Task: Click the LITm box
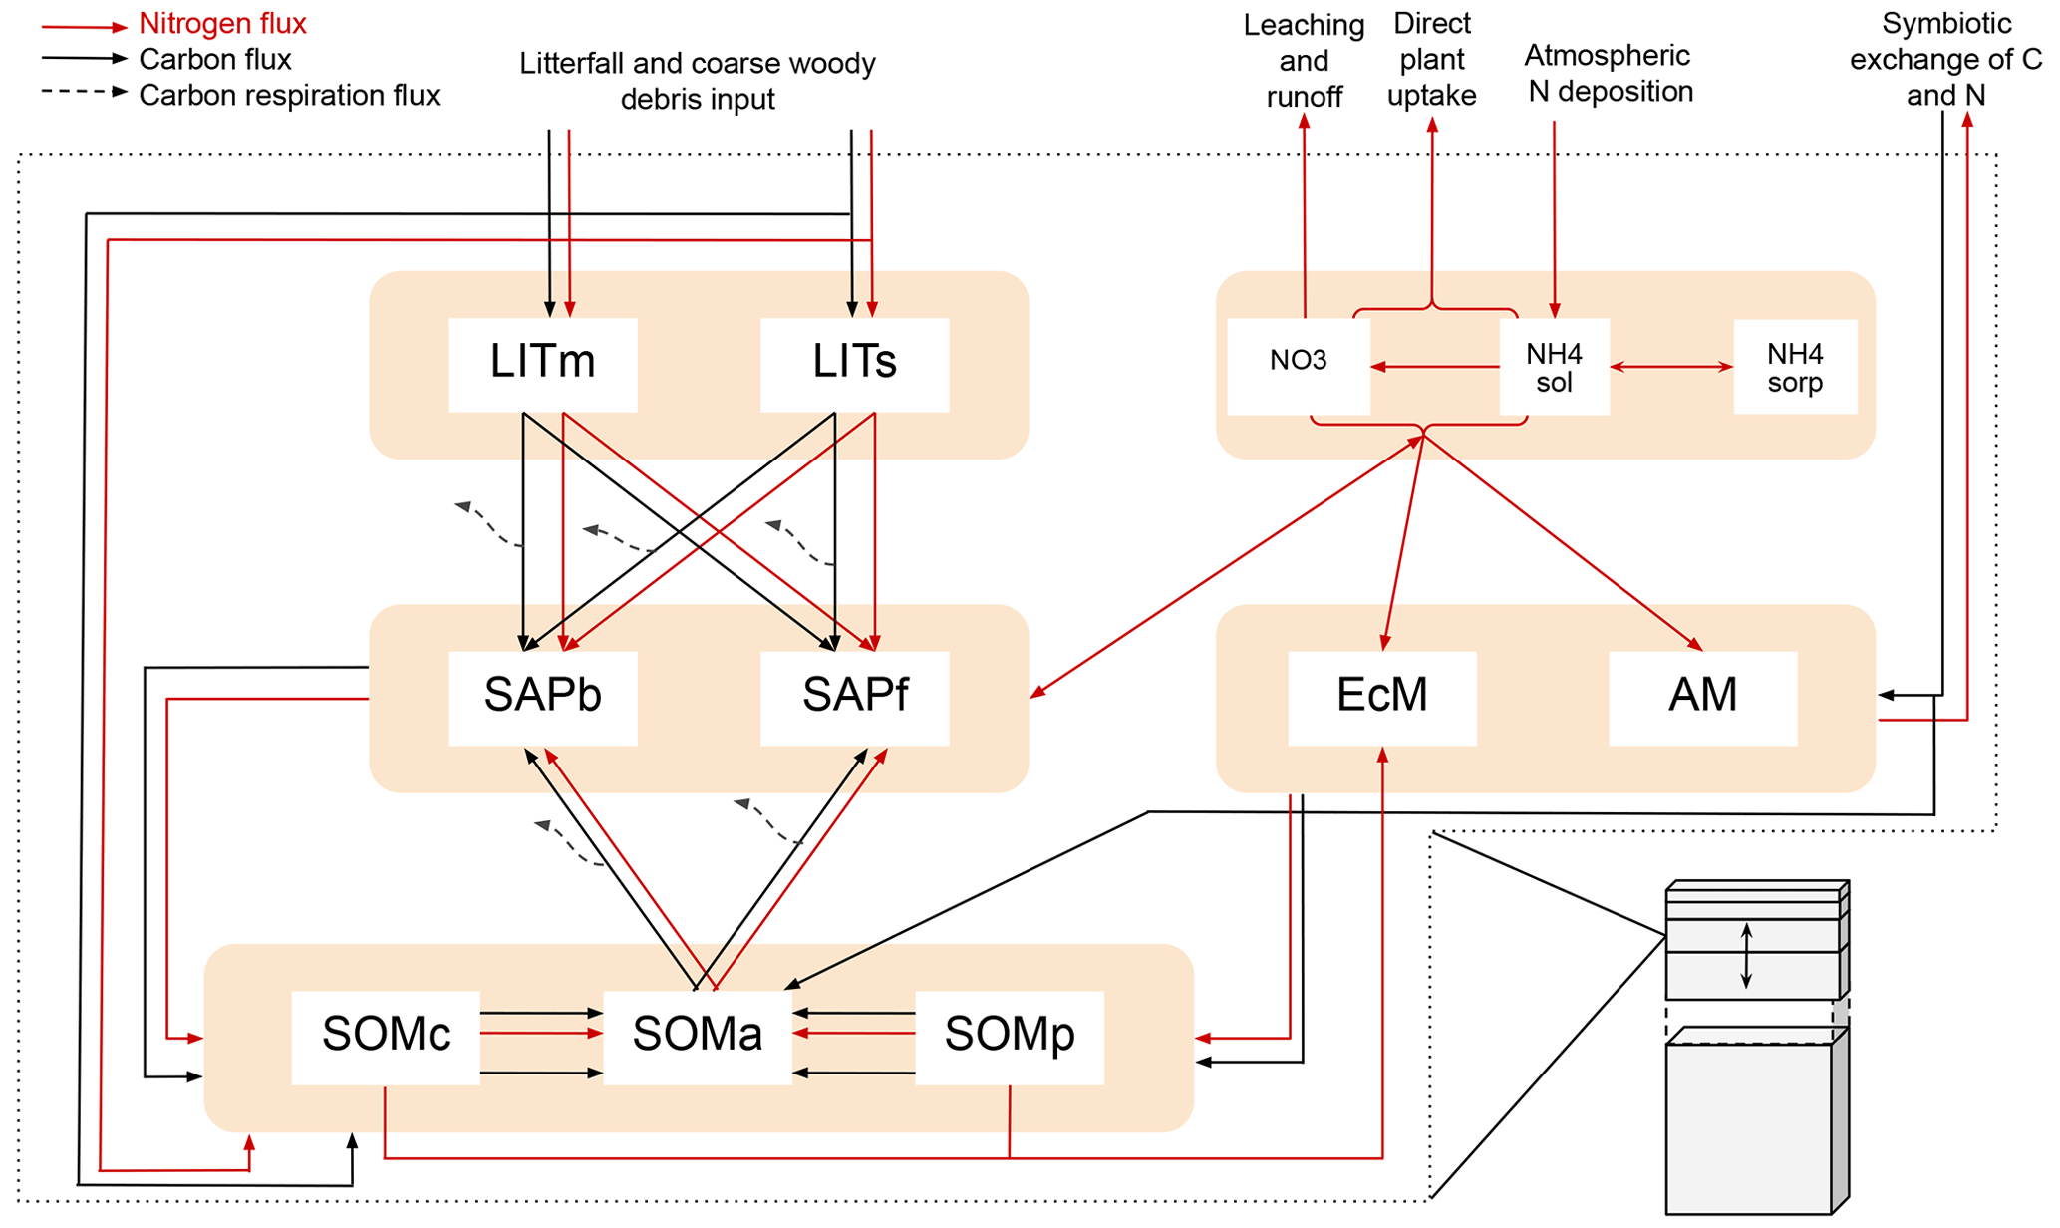(542, 363)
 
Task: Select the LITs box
(854, 363)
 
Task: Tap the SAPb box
(542, 697)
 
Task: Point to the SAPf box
(854, 697)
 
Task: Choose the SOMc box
(386, 1036)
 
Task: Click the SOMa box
(698, 1036)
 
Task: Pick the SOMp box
(1009, 1036)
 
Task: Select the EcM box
(1381, 697)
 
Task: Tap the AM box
(1702, 697)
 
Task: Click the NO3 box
(1298, 363)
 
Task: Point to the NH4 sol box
(1554, 367)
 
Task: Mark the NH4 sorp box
(1795, 367)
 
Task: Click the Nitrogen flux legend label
(222, 23)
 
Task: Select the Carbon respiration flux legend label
(289, 95)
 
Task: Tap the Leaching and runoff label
(1304, 60)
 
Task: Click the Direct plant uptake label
(1431, 59)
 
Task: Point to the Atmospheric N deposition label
(1609, 73)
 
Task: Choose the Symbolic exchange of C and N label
(1945, 59)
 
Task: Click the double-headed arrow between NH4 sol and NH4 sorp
(1671, 367)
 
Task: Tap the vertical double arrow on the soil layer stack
(1746, 956)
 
